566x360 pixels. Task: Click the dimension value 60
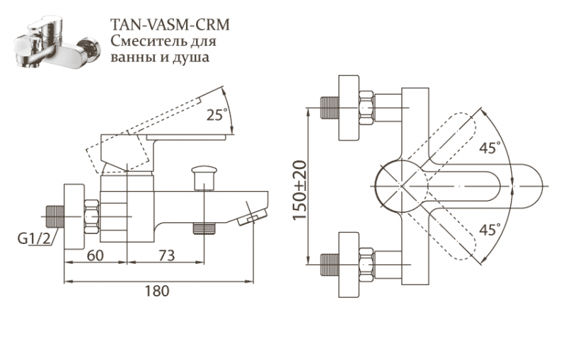pyautogui.click(x=96, y=256)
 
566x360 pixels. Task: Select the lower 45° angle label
pyautogui.click(x=489, y=229)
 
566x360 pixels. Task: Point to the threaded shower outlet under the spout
pyautogui.click(x=204, y=228)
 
